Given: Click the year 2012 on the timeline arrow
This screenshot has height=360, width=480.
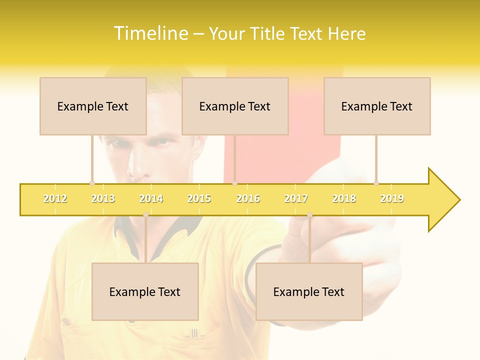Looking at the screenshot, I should click(55, 198).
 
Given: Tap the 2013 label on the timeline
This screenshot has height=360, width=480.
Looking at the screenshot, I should click(103, 198).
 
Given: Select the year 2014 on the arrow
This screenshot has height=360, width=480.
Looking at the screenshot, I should click(151, 198).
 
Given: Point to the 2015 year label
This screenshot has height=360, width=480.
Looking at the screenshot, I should click(199, 198).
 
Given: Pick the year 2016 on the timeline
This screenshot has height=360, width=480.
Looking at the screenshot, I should click(248, 198).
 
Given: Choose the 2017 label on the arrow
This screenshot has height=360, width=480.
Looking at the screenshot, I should click(296, 198).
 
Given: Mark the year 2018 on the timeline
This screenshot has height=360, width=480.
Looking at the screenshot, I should click(344, 198).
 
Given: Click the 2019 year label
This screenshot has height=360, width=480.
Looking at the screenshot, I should click(392, 198).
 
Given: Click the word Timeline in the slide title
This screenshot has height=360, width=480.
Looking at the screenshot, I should click(149, 33).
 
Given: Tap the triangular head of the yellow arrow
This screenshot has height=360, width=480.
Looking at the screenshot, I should click(443, 200).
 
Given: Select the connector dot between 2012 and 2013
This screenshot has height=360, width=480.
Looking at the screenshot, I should click(92, 183).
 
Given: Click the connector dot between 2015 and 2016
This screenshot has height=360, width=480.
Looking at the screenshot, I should click(234, 183).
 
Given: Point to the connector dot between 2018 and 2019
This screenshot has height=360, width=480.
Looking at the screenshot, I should click(376, 183).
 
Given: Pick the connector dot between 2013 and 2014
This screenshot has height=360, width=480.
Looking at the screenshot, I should click(145, 215).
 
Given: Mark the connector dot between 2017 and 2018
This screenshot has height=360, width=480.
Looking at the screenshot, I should click(309, 215).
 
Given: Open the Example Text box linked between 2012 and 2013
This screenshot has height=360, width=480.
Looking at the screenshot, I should click(93, 106).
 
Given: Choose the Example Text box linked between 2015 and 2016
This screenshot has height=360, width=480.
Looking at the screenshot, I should click(235, 106).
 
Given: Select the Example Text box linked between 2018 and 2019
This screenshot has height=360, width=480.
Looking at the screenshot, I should click(377, 106).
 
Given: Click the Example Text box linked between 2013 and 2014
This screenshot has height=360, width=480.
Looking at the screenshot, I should click(145, 291).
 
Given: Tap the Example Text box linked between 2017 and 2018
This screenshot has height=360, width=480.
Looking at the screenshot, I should click(309, 291).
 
